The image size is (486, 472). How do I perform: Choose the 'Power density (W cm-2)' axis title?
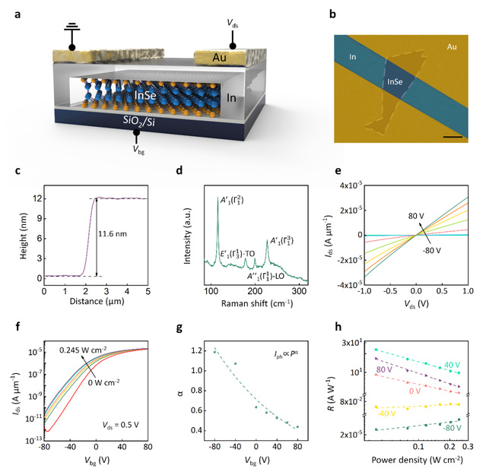pyautogui.click(x=418, y=461)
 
